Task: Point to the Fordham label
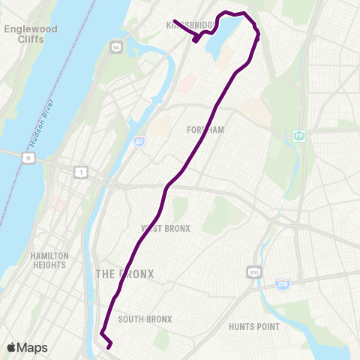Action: point(205,130)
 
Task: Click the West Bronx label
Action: point(166,228)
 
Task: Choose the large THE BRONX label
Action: point(124,274)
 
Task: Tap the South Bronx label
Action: point(145,319)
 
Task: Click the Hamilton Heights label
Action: point(50,260)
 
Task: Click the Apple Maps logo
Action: point(27,347)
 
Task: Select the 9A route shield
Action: point(115,47)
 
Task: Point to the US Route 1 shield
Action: point(79,172)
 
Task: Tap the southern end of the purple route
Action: point(110,347)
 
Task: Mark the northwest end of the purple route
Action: point(174,21)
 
